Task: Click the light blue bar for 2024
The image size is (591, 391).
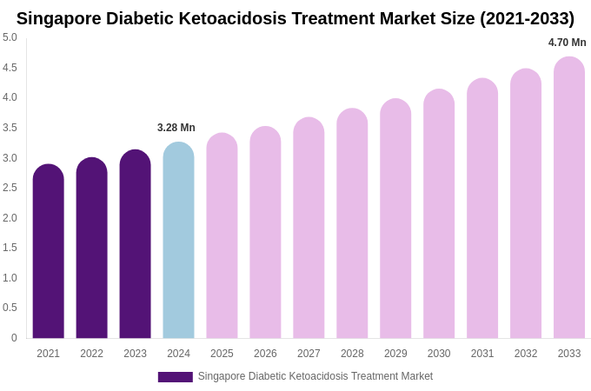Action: [178, 241]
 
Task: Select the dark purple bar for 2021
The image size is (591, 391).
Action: [48, 252]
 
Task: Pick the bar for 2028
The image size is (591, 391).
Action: [352, 224]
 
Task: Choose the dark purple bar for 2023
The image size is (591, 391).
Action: [135, 244]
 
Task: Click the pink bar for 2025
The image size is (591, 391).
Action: [222, 236]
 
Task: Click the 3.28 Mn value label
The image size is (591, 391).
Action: [176, 128]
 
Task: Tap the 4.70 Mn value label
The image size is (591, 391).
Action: [567, 43]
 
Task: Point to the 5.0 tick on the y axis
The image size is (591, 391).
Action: [10, 37]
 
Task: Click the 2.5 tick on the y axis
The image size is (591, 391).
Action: [10, 188]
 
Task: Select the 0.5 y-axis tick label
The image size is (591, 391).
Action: [10, 308]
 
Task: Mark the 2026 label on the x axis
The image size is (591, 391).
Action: [265, 354]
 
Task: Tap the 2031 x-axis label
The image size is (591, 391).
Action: [482, 354]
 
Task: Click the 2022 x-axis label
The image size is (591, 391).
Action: [91, 354]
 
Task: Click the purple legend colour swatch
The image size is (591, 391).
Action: [175, 377]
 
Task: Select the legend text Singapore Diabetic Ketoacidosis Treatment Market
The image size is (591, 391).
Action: [315, 376]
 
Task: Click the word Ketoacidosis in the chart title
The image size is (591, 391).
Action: [229, 18]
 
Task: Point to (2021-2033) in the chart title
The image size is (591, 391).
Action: [526, 18]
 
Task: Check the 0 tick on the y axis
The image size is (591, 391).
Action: [14, 338]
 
